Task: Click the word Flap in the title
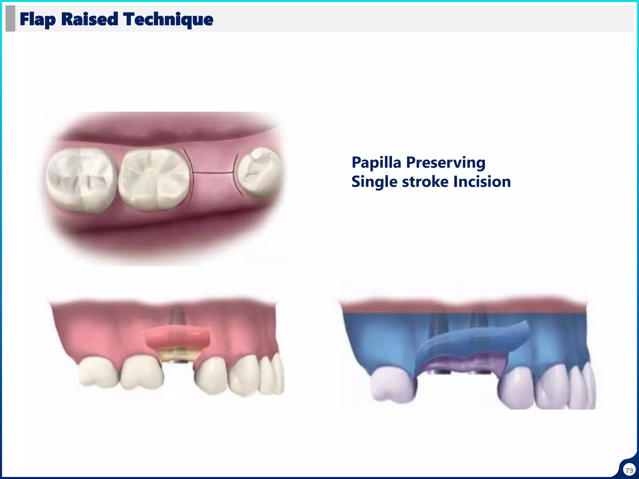pos(38,19)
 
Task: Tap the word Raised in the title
pos(90,19)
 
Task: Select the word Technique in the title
pos(168,19)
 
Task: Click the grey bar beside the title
pos(10,18)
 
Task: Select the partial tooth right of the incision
pos(259,172)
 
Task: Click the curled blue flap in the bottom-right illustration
pos(474,341)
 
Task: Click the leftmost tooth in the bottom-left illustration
pos(97,373)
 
